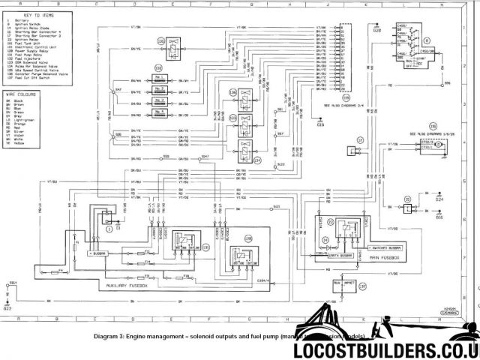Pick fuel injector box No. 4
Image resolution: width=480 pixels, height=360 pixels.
[x=158, y=112]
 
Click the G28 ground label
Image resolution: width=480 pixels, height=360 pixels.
[x=377, y=31]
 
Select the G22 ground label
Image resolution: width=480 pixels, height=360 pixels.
[x=7, y=307]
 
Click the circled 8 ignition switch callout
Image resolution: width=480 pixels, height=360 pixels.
[x=427, y=41]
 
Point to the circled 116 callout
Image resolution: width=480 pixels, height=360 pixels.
[x=433, y=127]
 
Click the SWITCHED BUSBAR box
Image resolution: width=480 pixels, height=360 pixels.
[x=387, y=247]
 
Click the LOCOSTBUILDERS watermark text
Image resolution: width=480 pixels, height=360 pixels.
[x=392, y=349]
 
